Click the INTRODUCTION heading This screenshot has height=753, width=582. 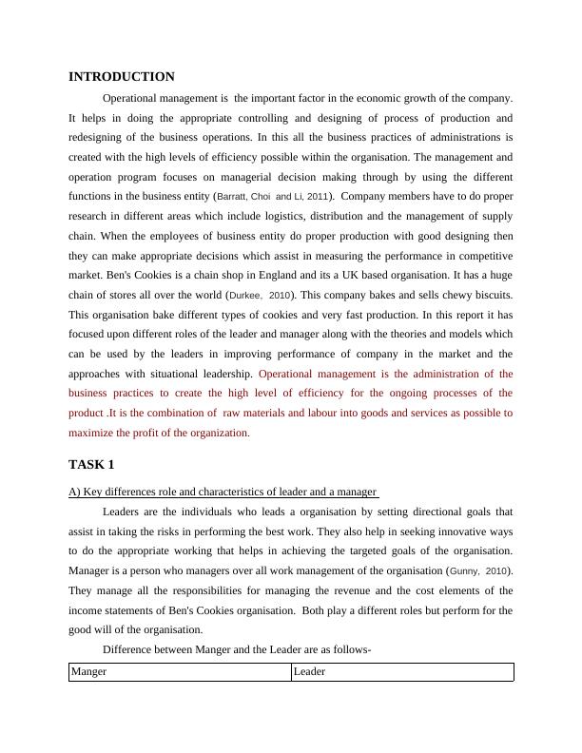(122, 76)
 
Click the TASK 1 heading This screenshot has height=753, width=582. (91, 464)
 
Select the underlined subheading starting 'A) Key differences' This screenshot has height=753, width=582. (223, 492)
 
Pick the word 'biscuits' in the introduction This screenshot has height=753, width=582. (491, 295)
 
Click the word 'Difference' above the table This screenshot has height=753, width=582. (128, 650)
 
